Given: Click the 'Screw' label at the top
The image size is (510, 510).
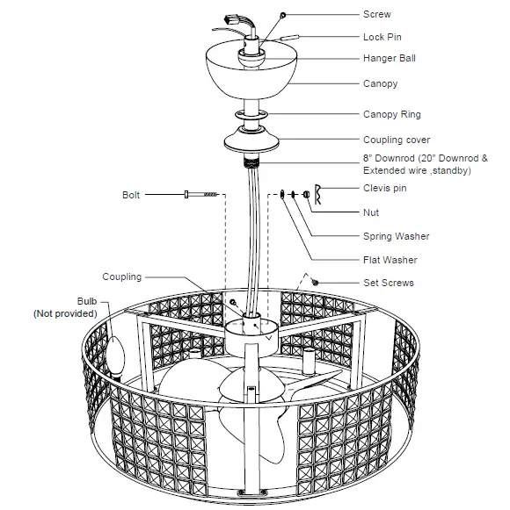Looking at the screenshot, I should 376,14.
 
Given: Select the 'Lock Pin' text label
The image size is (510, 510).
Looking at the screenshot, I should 382,37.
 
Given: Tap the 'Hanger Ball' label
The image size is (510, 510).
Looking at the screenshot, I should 390,59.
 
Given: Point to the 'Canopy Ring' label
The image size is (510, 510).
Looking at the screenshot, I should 391,114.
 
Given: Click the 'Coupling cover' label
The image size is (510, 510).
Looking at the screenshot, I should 397,140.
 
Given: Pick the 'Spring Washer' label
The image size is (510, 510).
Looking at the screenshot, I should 396,236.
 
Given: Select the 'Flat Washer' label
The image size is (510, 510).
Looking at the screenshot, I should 390,260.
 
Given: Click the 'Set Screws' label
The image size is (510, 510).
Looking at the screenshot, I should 388,283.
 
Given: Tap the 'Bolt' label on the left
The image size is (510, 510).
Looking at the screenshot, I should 131,195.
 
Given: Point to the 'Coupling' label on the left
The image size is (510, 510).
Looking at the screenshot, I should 121,277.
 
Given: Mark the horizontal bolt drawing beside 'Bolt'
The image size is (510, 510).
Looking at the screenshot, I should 200,195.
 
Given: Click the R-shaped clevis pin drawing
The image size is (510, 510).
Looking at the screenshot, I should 320,194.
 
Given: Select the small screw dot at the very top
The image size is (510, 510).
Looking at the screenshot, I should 282,15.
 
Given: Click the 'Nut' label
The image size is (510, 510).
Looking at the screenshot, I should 371,212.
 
